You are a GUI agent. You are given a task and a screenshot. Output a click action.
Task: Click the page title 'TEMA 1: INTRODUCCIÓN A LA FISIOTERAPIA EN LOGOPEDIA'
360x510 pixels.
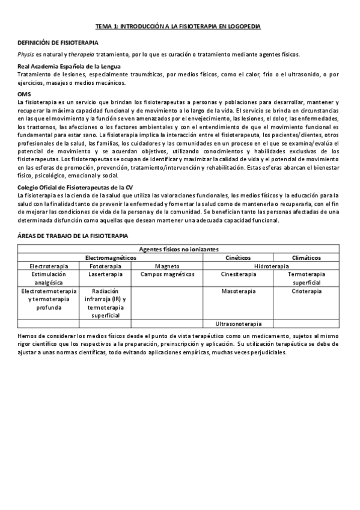pos(178,27)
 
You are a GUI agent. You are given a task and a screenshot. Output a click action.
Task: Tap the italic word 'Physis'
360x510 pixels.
pos(26,54)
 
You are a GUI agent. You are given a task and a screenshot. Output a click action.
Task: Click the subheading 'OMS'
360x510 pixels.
pos(25,94)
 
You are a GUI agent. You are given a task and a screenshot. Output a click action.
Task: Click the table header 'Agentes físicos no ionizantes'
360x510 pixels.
pos(178,249)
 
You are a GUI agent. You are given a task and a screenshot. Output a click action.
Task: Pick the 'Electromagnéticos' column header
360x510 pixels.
pos(111,257)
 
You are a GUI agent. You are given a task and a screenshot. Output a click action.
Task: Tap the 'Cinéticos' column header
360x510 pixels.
pos(238,257)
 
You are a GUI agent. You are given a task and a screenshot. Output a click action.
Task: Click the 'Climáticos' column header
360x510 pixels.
pos(307,257)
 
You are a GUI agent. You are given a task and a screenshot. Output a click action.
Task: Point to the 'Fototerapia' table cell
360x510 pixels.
pos(106,266)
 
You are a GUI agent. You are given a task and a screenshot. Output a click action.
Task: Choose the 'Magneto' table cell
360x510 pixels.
pos(167,266)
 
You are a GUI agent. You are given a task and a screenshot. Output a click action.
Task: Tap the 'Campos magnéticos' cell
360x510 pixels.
pos(167,274)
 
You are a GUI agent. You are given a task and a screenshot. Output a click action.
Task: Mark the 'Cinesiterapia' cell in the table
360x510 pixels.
pos(238,274)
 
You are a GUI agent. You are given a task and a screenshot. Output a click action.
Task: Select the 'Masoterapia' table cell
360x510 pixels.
pos(238,292)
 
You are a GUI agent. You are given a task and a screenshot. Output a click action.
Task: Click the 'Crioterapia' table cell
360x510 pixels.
pos(307,292)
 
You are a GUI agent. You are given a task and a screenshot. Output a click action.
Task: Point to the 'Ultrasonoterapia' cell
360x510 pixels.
pos(238,323)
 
